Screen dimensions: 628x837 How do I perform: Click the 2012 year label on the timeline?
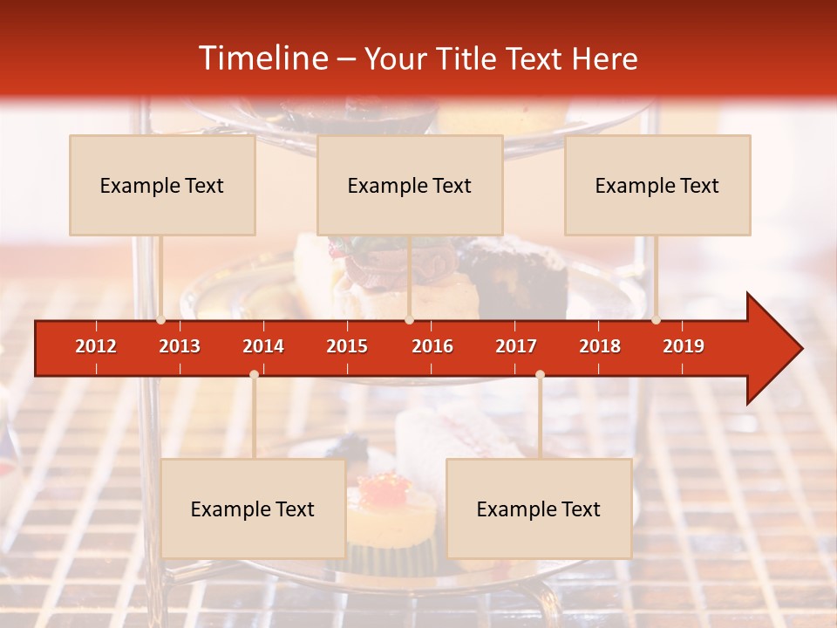pos(96,346)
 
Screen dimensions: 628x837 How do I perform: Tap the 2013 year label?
pos(180,346)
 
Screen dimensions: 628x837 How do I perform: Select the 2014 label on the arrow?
pos(263,346)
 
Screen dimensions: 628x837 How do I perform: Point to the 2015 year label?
pos(347,346)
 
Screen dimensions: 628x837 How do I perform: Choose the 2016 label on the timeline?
pos(432,346)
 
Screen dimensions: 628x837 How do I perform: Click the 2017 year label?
pos(516,346)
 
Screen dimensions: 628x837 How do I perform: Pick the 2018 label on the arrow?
pos(600,346)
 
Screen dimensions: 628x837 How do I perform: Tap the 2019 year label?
pos(684,346)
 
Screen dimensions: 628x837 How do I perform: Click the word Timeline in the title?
pos(262,58)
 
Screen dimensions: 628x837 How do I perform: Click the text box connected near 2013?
pos(162,185)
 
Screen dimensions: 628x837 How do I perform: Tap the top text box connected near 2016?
pos(410,185)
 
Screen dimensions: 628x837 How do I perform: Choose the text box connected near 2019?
pos(657,185)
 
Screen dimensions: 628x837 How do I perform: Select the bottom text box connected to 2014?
pos(253,509)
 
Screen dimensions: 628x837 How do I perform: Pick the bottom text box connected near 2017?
pos(539,509)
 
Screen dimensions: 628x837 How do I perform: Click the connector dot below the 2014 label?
pos(254,374)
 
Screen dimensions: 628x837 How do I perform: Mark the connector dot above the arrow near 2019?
pos(656,320)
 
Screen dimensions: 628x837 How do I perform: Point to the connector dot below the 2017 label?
pos(540,374)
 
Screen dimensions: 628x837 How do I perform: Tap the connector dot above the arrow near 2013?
pos(160,320)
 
